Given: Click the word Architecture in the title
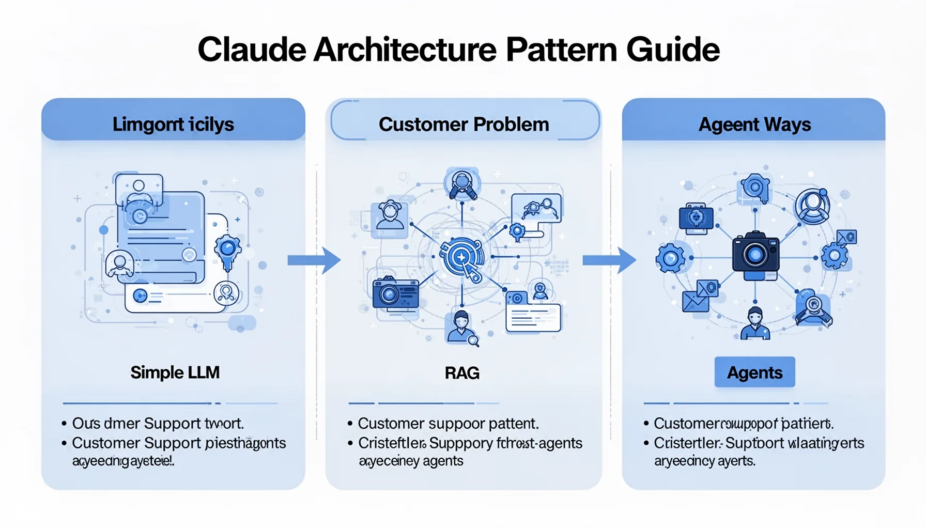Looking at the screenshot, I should [405, 50].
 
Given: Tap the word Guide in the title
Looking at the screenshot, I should [673, 50].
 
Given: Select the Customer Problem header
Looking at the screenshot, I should [464, 125].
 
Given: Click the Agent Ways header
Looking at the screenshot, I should [754, 125].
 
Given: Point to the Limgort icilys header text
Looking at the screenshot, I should [173, 125].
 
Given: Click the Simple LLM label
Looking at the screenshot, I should [175, 372].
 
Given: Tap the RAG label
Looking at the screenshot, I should [462, 373].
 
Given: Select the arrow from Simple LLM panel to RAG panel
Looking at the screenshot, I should [314, 260].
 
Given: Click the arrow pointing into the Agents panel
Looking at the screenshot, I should [609, 260].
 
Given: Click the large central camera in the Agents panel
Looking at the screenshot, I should [755, 254].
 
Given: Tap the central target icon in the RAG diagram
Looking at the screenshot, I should [461, 257].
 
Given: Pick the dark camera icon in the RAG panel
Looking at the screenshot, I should [395, 293].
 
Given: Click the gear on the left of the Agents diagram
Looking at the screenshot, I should [671, 257].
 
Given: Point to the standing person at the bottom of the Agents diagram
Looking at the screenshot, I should [755, 324].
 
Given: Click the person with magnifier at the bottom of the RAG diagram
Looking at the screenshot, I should [461, 328].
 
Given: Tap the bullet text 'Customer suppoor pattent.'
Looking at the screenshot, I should [447, 424].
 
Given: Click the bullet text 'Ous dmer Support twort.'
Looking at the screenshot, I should [158, 424].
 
